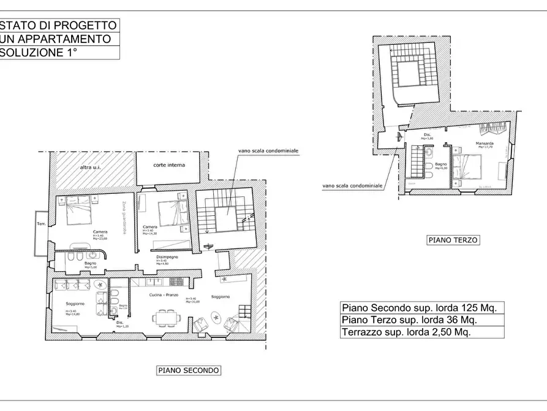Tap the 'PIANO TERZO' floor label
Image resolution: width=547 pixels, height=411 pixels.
[453, 240]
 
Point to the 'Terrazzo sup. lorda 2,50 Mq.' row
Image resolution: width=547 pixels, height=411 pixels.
[406, 332]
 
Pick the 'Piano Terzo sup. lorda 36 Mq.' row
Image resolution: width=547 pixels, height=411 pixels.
[409, 320]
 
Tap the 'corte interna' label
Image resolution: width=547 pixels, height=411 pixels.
[169, 165]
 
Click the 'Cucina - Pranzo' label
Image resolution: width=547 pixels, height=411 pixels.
[164, 295]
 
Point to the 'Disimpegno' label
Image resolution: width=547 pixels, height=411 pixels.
[167, 257]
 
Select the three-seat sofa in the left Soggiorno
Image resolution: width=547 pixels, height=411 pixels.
[72, 285]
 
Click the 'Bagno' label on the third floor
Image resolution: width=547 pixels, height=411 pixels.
[441, 164]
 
